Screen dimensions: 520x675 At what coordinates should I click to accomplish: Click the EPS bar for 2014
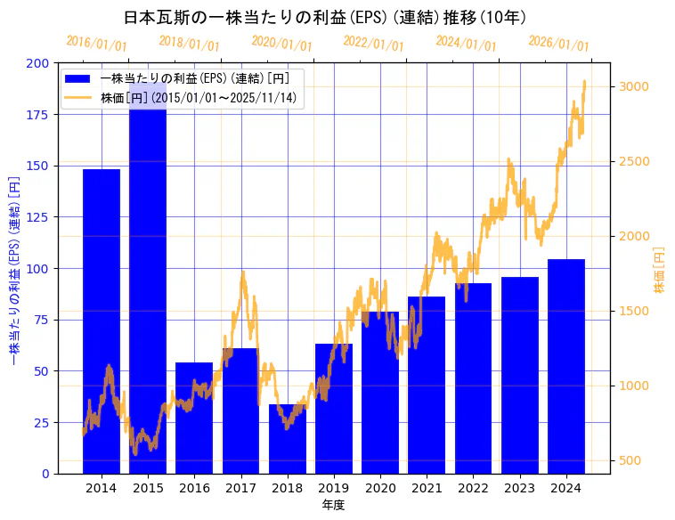102,321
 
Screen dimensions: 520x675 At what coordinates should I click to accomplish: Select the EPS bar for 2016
194,418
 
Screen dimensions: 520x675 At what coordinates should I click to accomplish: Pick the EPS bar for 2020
380,393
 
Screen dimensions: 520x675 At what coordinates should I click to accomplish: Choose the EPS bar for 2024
566,366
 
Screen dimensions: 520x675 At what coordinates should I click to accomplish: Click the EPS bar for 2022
473,378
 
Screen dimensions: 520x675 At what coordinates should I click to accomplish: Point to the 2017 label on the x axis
240,488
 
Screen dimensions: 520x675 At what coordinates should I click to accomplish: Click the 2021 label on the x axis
427,488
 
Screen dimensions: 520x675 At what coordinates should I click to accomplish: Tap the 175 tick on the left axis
38,114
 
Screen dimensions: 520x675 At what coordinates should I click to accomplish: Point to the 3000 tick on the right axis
634,86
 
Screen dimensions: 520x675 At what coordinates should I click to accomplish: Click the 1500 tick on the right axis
634,311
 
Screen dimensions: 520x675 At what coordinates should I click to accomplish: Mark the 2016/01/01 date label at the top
97,44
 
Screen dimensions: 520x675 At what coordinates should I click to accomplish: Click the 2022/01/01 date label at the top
374,44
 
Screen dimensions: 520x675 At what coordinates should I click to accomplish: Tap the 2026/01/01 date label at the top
558,44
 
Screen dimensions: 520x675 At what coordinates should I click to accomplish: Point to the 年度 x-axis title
333,505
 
